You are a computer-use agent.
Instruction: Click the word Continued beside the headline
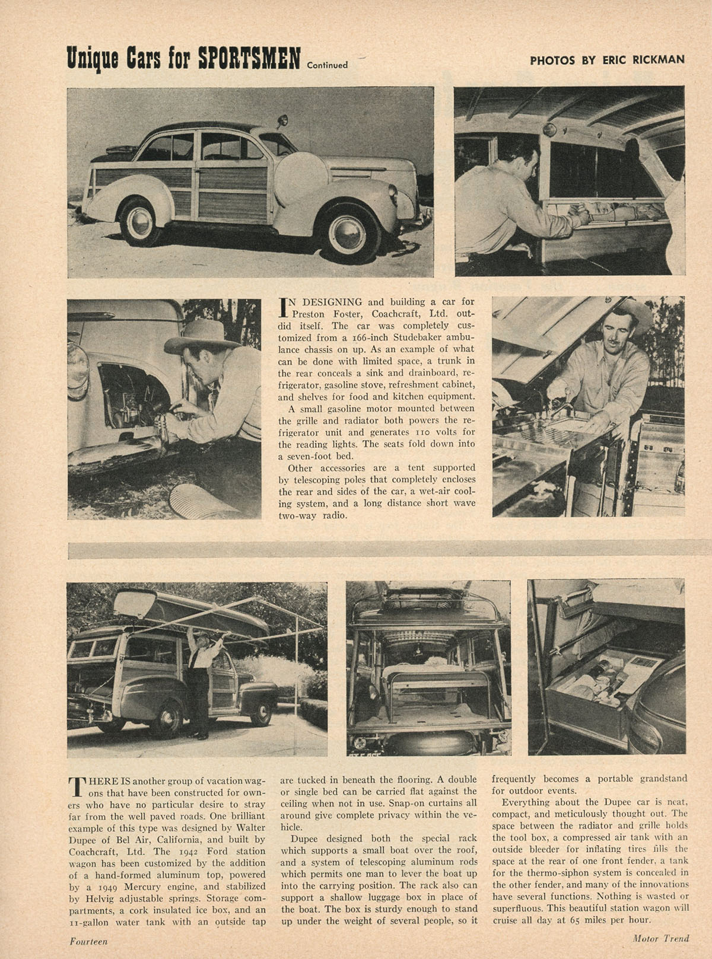pyautogui.click(x=327, y=65)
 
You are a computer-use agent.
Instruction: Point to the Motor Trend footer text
pyautogui.click(x=660, y=938)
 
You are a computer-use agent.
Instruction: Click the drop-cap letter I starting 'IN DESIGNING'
pyautogui.click(x=284, y=308)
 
